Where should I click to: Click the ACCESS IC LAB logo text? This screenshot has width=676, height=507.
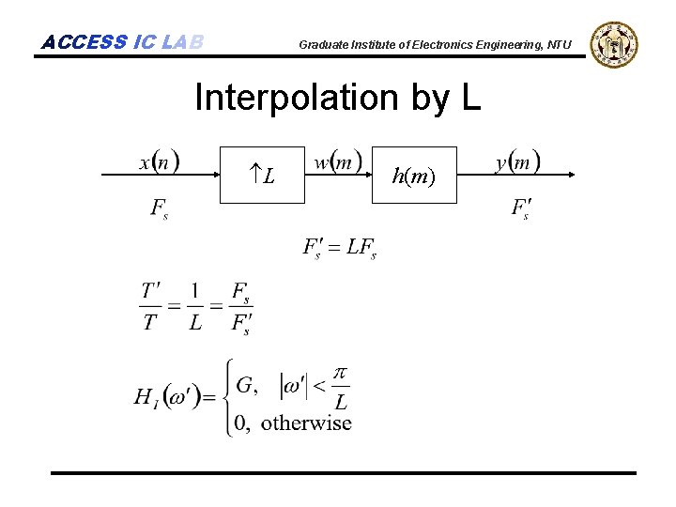(122, 42)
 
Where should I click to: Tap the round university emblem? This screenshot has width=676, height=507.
(613, 44)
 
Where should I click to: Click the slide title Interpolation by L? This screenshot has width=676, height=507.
(337, 98)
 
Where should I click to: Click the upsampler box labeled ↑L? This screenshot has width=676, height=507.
(263, 175)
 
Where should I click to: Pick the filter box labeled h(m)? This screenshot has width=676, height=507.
(414, 175)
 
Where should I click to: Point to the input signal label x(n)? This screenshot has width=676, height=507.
(160, 161)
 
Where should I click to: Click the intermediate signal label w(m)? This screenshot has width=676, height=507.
(338, 161)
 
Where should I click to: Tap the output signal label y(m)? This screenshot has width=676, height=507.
(517, 161)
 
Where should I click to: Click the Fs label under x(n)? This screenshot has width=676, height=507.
(160, 207)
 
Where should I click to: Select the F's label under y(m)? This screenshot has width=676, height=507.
(520, 207)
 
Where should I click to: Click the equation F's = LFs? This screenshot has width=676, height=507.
(339, 248)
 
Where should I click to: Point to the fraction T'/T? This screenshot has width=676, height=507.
(150, 307)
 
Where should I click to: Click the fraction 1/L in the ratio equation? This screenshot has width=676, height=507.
(195, 307)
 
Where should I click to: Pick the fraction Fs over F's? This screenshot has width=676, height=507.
(240, 307)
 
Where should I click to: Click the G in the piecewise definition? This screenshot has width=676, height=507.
(246, 385)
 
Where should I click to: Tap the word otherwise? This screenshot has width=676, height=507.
(306, 422)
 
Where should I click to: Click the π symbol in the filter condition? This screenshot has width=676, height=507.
(341, 375)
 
